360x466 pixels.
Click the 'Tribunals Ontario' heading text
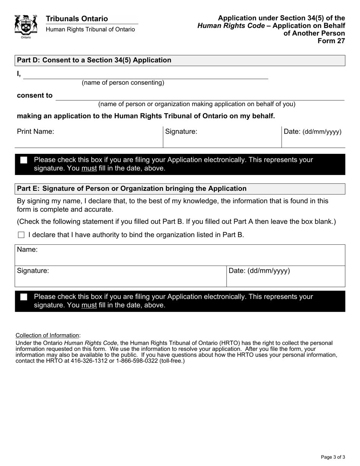tap(77, 19)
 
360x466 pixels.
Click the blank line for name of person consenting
tap(146, 75)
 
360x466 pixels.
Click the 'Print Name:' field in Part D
tap(89, 137)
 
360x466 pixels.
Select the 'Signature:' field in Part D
tap(222, 137)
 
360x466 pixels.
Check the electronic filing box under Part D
tap(24, 160)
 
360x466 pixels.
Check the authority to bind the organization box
tap(21, 235)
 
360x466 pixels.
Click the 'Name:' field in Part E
tap(180, 255)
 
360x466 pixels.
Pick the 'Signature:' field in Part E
tap(121, 277)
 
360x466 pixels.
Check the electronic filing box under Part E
tap(24, 297)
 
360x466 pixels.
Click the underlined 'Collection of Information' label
tap(47, 335)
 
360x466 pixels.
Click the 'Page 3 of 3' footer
tap(333, 457)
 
